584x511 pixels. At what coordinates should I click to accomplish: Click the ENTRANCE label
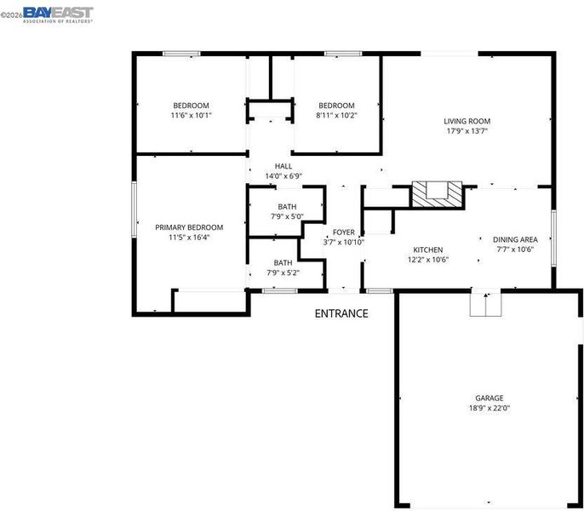coord(341,313)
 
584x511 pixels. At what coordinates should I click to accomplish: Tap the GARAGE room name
coord(489,398)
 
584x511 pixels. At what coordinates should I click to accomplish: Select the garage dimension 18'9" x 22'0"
coord(489,408)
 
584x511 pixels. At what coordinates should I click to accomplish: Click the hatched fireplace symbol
coord(438,194)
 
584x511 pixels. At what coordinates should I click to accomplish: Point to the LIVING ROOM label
coord(467,121)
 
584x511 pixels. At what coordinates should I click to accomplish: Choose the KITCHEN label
coord(428,250)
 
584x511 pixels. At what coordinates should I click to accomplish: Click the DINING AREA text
coord(515,239)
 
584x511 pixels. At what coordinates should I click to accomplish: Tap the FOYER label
coord(343,233)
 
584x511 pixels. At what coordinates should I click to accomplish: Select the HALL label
coord(283,166)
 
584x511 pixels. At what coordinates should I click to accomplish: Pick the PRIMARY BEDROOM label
coord(189,227)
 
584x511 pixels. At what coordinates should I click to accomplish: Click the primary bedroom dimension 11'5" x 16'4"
coord(189,237)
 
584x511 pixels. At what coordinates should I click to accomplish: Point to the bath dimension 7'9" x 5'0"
coord(287,216)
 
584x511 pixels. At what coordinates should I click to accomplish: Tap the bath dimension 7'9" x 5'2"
coord(283,273)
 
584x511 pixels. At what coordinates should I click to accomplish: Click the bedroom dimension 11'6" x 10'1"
coord(191,115)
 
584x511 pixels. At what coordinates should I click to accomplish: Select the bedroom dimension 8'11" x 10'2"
coord(337,115)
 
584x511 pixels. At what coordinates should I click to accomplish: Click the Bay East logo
coord(58,15)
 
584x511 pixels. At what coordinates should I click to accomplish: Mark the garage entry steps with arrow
coord(485,304)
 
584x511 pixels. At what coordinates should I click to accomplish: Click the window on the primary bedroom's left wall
coord(135,210)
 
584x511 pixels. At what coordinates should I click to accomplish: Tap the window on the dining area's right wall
coord(553,238)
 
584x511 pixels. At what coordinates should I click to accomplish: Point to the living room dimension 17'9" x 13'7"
coord(467,131)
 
